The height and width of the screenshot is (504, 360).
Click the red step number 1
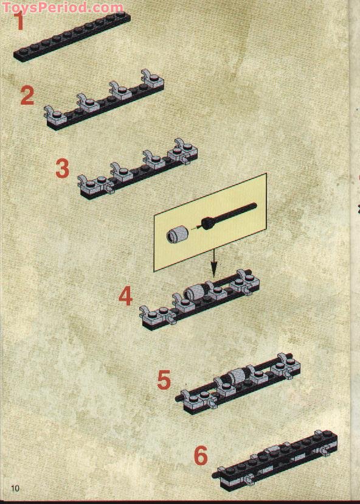pos(20,23)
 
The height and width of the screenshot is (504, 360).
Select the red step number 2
pos(27,96)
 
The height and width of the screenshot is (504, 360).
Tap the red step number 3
pos(62,169)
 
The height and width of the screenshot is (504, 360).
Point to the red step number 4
pos(125,297)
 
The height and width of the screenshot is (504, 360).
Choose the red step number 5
pos(164,380)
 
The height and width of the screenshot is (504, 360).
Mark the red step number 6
pos(200,455)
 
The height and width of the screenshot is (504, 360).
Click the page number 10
pos(15,488)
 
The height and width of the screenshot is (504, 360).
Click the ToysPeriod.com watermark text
pos(62,8)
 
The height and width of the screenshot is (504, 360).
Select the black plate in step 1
pos(73,37)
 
